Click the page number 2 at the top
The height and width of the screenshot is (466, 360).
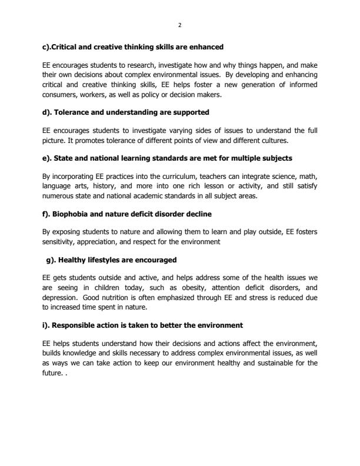pos(179,25)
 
